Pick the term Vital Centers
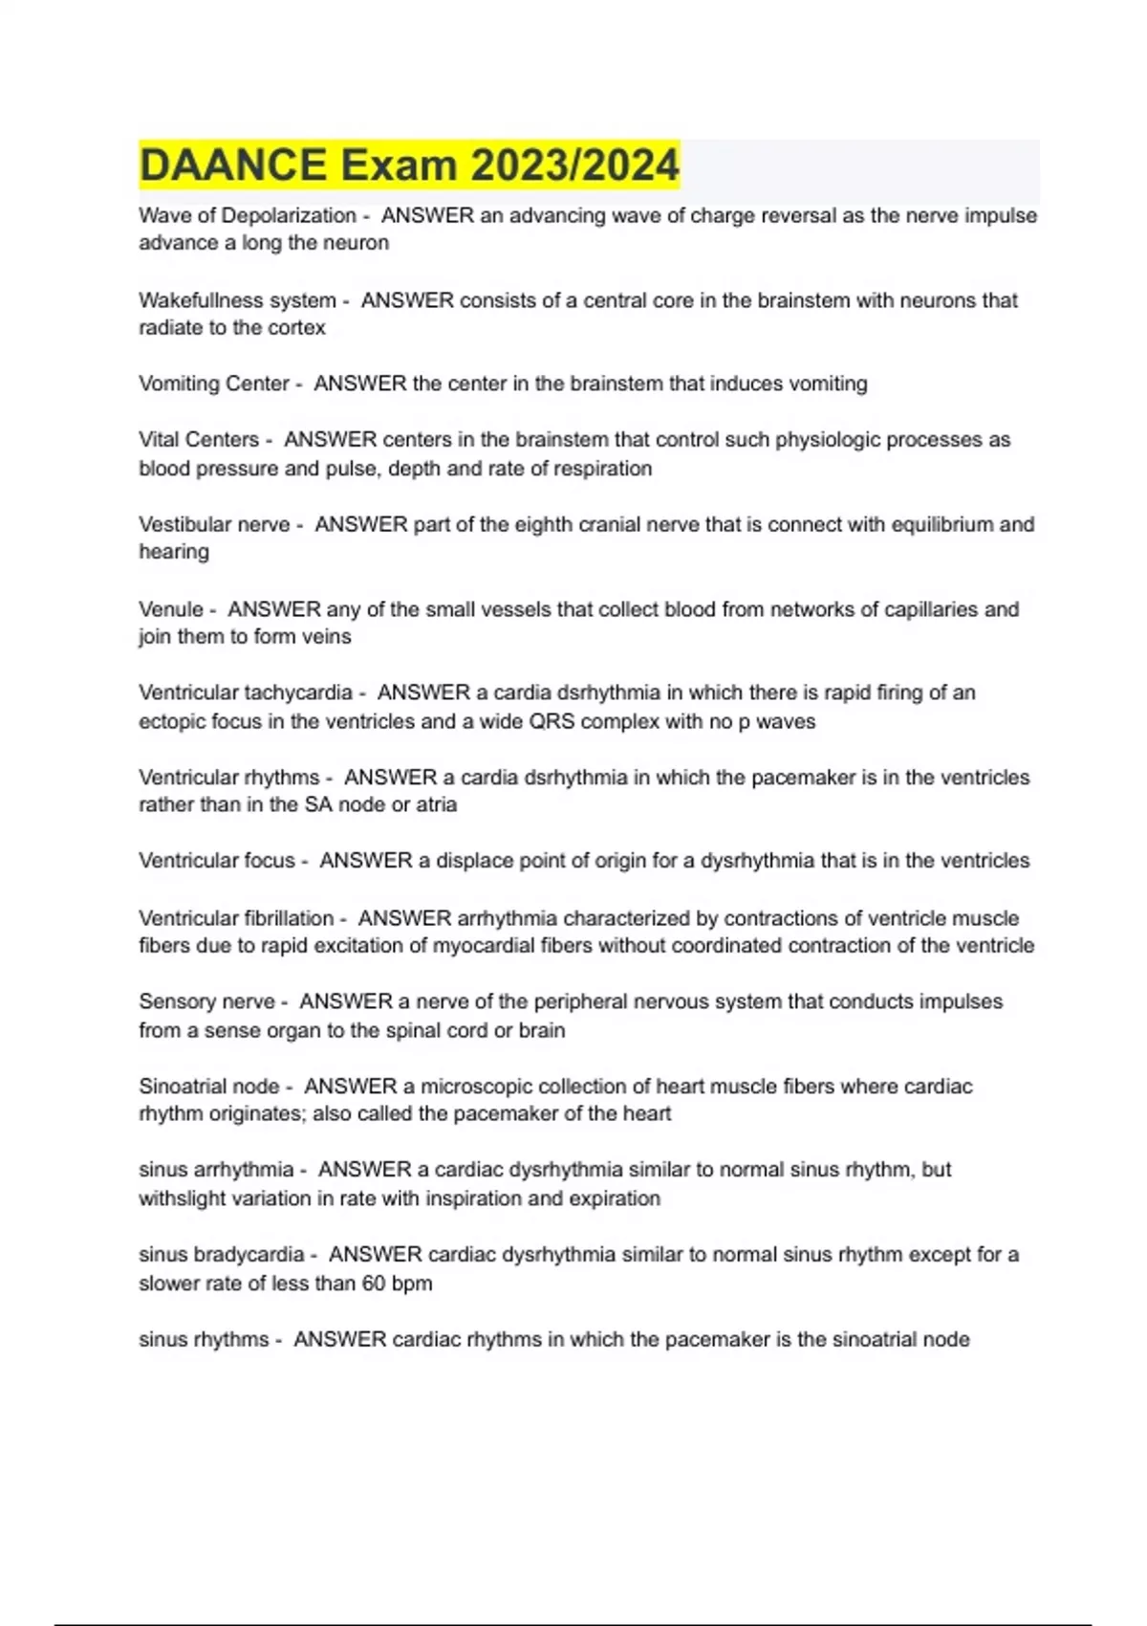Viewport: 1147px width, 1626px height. (199, 440)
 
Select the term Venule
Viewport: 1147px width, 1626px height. (171, 609)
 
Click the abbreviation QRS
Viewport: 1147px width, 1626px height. (552, 721)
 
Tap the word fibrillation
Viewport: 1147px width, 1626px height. (284, 918)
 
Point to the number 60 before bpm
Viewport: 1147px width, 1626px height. (374, 1284)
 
